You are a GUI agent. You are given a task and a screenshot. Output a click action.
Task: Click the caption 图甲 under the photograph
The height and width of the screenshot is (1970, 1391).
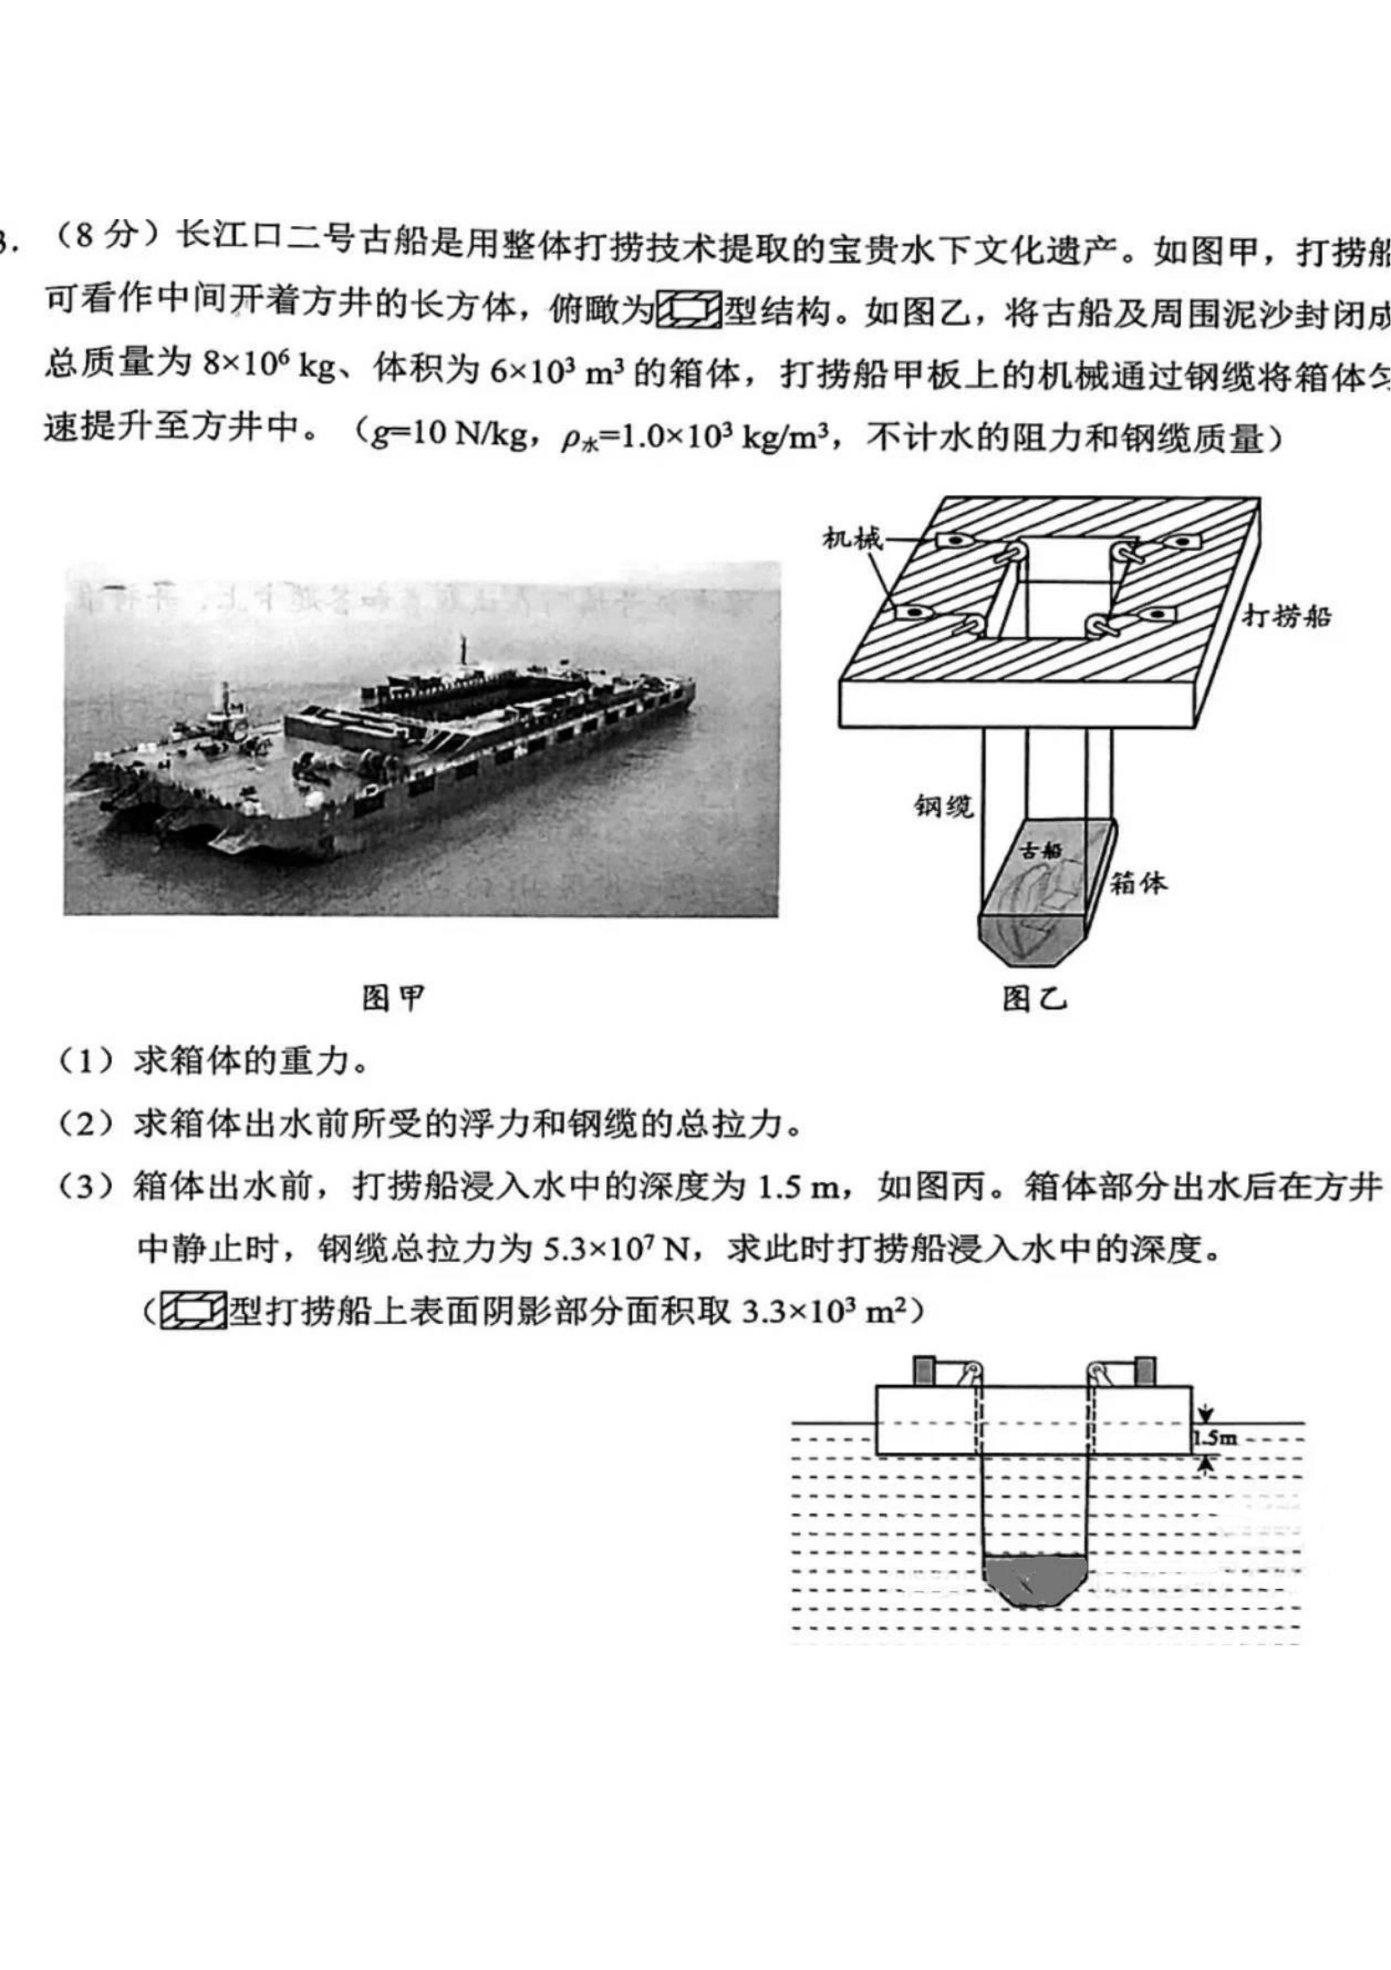pos(393,998)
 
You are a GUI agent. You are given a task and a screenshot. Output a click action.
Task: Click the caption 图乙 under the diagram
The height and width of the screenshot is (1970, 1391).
pos(1035,998)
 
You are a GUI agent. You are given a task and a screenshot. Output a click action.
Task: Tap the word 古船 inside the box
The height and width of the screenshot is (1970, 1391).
pos(1043,850)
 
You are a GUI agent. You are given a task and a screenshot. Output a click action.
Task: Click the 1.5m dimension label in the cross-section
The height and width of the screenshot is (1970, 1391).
pos(1215,1439)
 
